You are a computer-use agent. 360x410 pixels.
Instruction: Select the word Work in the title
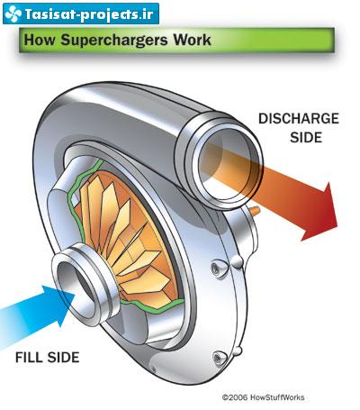193,40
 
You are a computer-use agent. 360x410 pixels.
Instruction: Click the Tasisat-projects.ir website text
89,14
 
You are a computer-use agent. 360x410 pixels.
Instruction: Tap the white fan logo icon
13,14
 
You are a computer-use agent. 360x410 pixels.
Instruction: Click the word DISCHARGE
299,119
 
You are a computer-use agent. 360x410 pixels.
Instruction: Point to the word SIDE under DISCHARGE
306,137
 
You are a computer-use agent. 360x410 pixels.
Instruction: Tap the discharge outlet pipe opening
228,164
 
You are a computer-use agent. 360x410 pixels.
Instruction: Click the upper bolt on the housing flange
216,267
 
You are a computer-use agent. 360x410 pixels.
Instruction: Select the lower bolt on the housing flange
218,358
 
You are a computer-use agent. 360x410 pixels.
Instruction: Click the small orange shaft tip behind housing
255,210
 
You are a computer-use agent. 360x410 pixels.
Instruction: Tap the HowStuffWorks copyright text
263,397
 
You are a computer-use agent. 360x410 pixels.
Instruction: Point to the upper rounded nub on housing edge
237,262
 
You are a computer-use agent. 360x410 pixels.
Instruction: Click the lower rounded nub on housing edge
238,351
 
